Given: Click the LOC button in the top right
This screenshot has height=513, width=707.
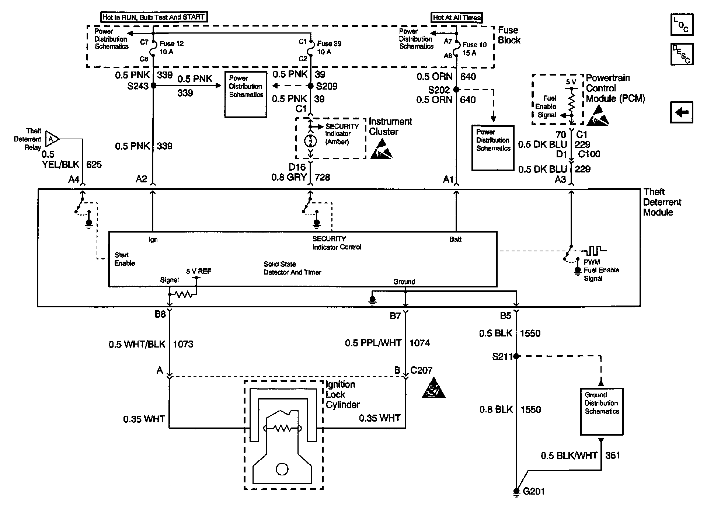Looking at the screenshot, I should click(682, 25).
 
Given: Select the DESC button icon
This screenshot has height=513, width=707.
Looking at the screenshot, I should click(682, 54).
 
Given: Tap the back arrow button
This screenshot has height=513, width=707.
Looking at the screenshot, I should click(682, 112).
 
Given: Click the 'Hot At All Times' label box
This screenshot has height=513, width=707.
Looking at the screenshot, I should click(456, 17).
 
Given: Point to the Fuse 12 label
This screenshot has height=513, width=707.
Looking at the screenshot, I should click(171, 43).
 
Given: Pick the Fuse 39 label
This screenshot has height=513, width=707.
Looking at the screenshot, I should click(329, 43).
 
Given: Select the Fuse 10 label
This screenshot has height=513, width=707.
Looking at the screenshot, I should click(474, 45).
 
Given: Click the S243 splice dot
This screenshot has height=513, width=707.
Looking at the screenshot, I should click(153, 86).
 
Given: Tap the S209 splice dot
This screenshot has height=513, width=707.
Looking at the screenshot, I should click(311, 86).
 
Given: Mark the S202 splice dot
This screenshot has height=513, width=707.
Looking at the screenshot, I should click(456, 90).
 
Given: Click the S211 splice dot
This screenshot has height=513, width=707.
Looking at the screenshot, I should click(516, 356).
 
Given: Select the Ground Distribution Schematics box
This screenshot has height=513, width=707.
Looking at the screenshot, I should click(601, 411).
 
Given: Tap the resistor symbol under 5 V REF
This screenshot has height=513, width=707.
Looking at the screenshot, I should click(183, 294).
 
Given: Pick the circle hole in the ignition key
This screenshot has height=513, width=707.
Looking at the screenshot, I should click(282, 469).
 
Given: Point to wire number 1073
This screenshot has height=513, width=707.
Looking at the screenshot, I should click(183, 344).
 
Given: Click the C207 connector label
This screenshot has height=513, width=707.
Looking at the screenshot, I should click(421, 370).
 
